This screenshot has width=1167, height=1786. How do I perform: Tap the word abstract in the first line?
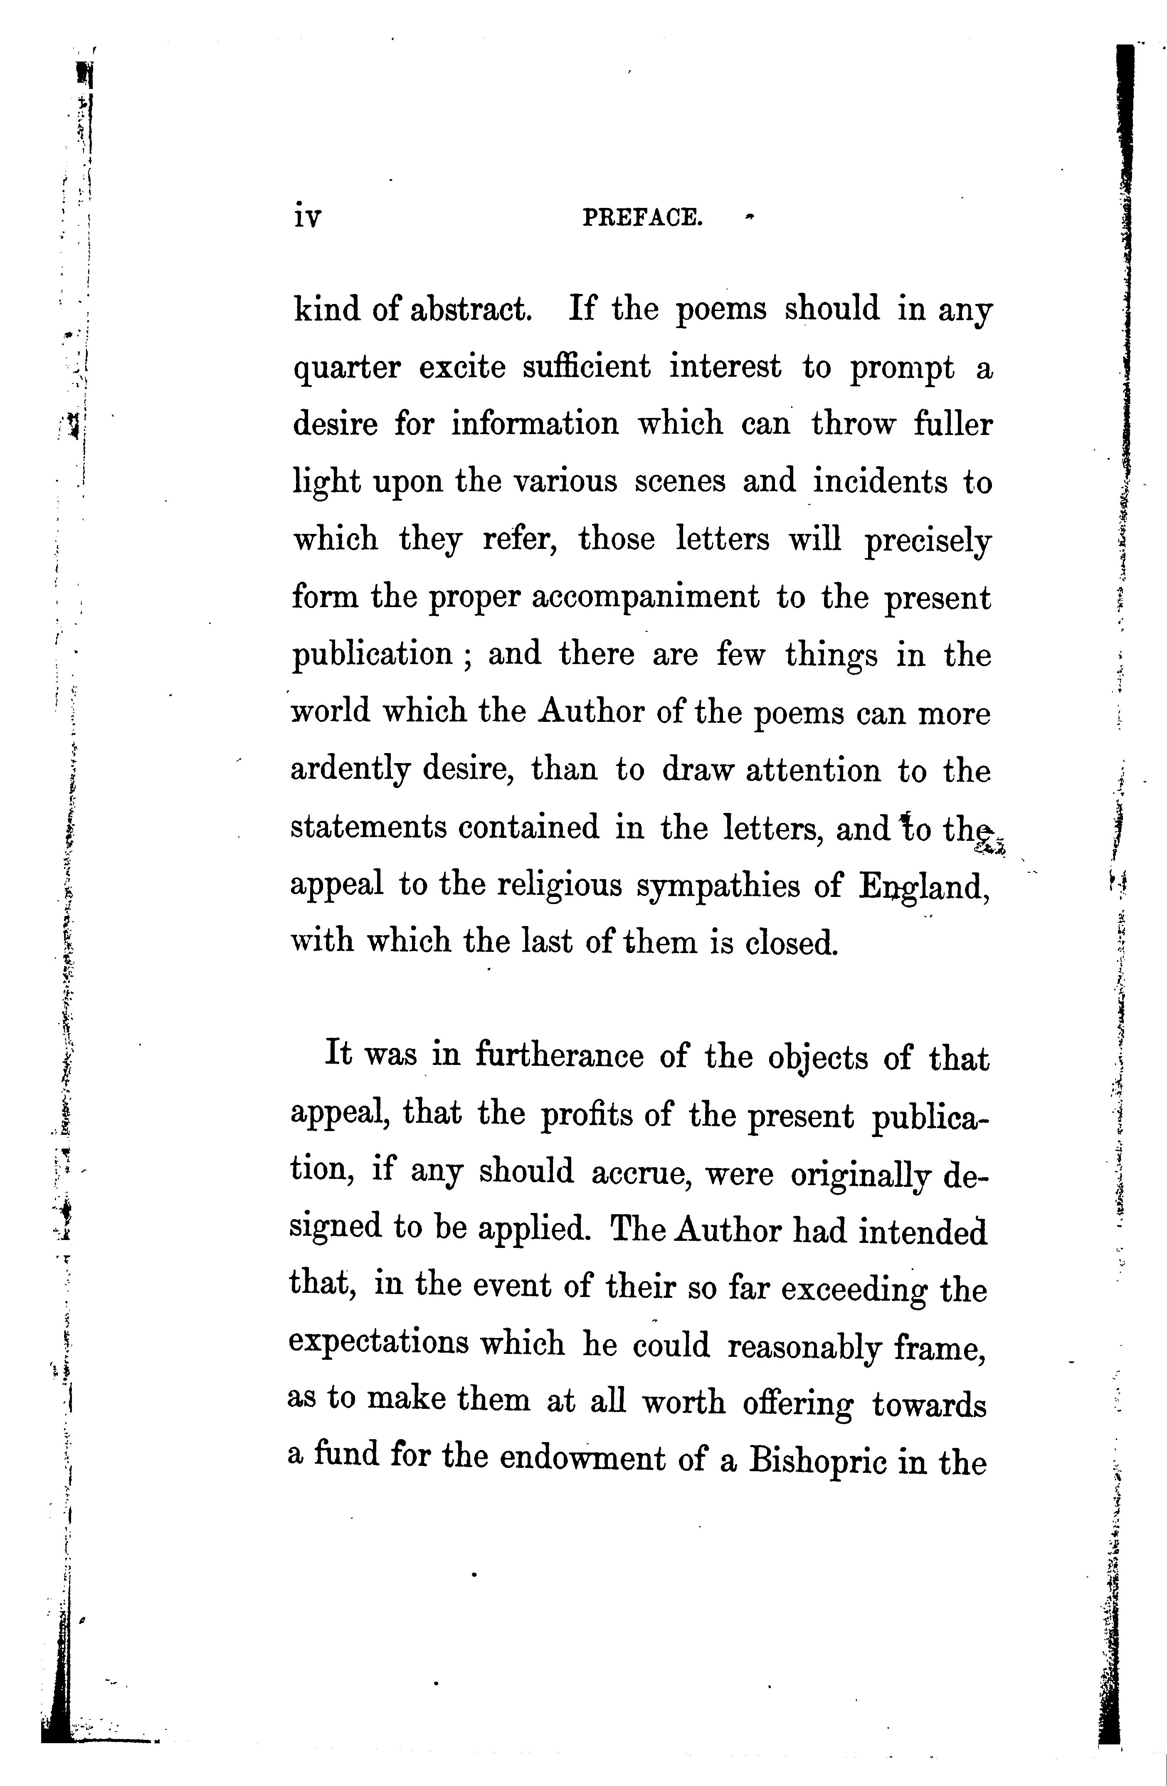471,309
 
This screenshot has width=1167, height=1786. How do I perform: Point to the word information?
535,424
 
